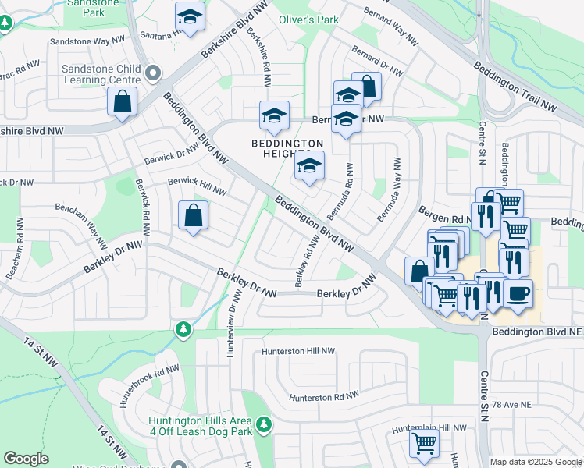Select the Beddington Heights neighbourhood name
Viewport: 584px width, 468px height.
(287, 148)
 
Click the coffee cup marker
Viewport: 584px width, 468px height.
(518, 294)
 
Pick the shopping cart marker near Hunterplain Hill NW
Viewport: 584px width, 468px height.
(424, 443)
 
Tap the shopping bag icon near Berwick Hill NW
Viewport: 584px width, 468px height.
(193, 217)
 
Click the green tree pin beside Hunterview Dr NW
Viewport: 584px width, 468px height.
(183, 329)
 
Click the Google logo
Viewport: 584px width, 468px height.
(27, 459)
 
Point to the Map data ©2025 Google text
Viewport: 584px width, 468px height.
(536, 462)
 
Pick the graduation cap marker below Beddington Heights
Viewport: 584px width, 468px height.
(309, 166)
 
